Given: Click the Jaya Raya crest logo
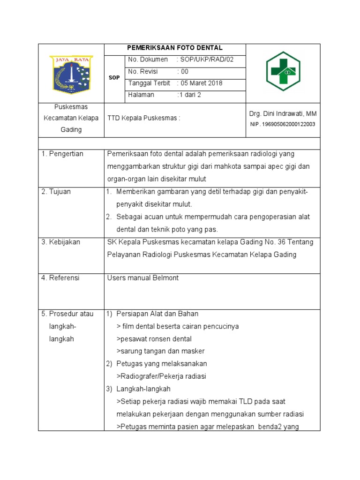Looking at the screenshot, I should [71, 74].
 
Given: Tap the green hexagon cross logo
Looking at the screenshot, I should [283, 71].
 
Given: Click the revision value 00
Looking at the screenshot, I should [184, 71].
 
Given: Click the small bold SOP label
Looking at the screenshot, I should [114, 77].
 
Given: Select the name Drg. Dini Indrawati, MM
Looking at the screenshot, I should [283, 114].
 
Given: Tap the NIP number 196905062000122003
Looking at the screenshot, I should [283, 124].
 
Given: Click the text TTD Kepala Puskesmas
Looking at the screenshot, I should [144, 118].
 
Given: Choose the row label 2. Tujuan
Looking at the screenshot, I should [56, 191].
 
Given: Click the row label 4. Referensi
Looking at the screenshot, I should [60, 277].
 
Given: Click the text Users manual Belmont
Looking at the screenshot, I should [143, 277].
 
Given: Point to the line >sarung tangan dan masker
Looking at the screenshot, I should [160, 351].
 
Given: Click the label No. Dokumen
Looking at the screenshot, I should [148, 60].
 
